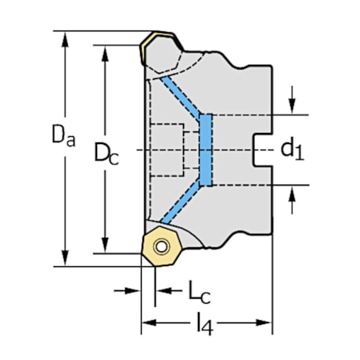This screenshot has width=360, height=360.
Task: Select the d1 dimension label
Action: point(291,149)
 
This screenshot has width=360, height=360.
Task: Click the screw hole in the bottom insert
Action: point(162,247)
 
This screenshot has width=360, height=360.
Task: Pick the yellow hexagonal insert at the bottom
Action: point(161,247)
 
